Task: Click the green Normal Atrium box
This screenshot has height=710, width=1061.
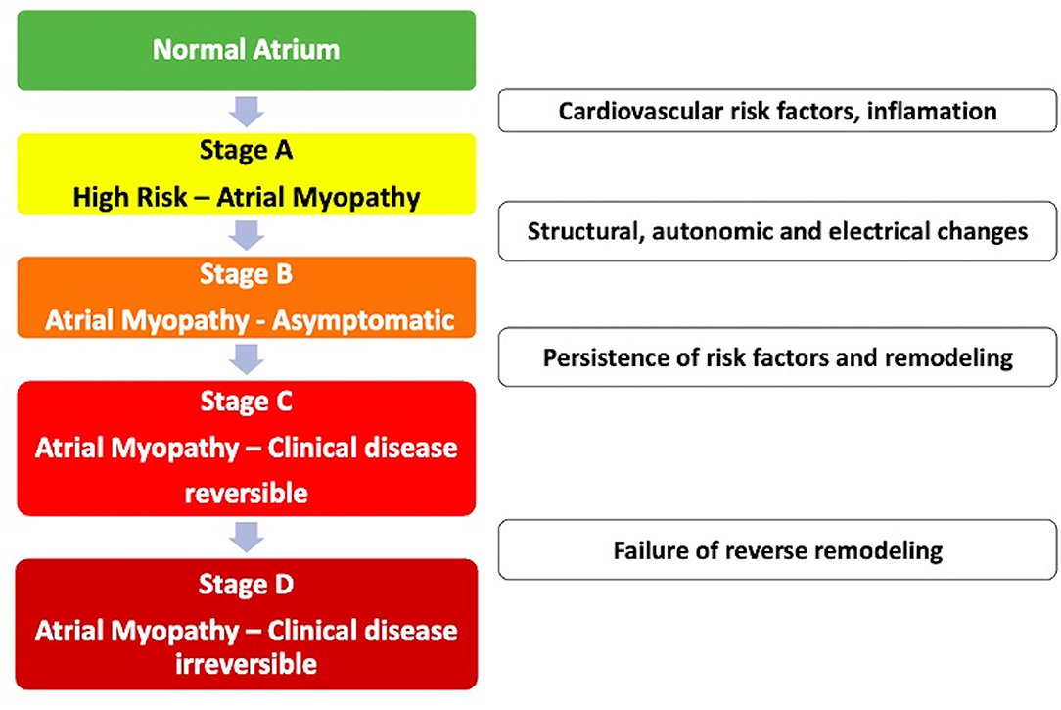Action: coord(247,50)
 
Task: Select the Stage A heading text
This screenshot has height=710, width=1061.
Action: coord(247,150)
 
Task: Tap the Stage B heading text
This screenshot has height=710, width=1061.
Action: coord(247,274)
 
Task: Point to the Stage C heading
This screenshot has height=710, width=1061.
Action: coord(247,402)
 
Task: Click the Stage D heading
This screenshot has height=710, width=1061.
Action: coord(247,584)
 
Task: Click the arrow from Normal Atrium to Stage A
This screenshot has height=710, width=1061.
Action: coord(247,111)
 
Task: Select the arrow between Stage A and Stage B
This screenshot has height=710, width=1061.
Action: coord(247,236)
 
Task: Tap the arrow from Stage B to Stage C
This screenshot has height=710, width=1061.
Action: coord(247,358)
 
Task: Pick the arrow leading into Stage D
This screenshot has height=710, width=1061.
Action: coord(247,537)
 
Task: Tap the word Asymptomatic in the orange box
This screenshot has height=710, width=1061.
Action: coord(363,321)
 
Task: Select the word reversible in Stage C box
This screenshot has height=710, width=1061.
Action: coord(247,494)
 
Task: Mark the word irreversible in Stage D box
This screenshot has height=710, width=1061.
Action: coord(247,664)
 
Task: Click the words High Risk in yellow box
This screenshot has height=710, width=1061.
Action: coord(130,198)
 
